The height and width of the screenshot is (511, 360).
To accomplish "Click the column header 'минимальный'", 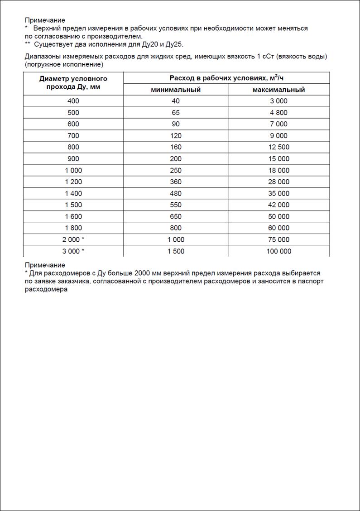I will (176, 90).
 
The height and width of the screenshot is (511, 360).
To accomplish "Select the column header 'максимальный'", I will (278, 90).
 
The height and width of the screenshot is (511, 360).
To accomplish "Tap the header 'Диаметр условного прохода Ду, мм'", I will (73, 83).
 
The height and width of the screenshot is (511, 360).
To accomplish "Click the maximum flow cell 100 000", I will (278, 251).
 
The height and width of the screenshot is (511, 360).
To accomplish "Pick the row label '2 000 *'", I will (73, 239).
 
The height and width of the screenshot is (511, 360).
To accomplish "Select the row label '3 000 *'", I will (73, 251).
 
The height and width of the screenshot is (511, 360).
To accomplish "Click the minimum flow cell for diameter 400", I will (176, 101).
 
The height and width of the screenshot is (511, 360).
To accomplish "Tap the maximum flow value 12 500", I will (278, 147).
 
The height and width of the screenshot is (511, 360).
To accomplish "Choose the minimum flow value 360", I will (176, 182).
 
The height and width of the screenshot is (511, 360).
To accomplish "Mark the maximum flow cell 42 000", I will (278, 205).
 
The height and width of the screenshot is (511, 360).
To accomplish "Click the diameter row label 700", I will (73, 135).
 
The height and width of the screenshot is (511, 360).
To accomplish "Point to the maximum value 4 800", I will (278, 113).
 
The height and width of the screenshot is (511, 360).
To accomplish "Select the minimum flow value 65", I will (176, 113).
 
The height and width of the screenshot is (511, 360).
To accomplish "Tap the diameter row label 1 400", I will (73, 193).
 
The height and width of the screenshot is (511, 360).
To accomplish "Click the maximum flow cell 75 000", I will (278, 239).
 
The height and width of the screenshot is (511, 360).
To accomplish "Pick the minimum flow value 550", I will (176, 205).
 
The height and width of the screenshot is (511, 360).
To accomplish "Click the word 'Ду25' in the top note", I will (173, 44).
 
